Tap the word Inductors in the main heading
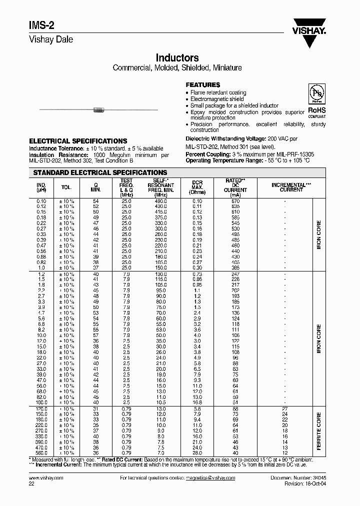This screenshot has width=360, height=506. (177, 58)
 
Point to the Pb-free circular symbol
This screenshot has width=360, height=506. (316, 94)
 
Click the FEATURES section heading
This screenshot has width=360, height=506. (202, 85)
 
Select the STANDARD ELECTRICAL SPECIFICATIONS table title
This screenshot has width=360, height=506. (100, 172)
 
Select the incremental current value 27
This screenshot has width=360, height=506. (284, 409)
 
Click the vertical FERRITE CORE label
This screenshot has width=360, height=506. (319, 430)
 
